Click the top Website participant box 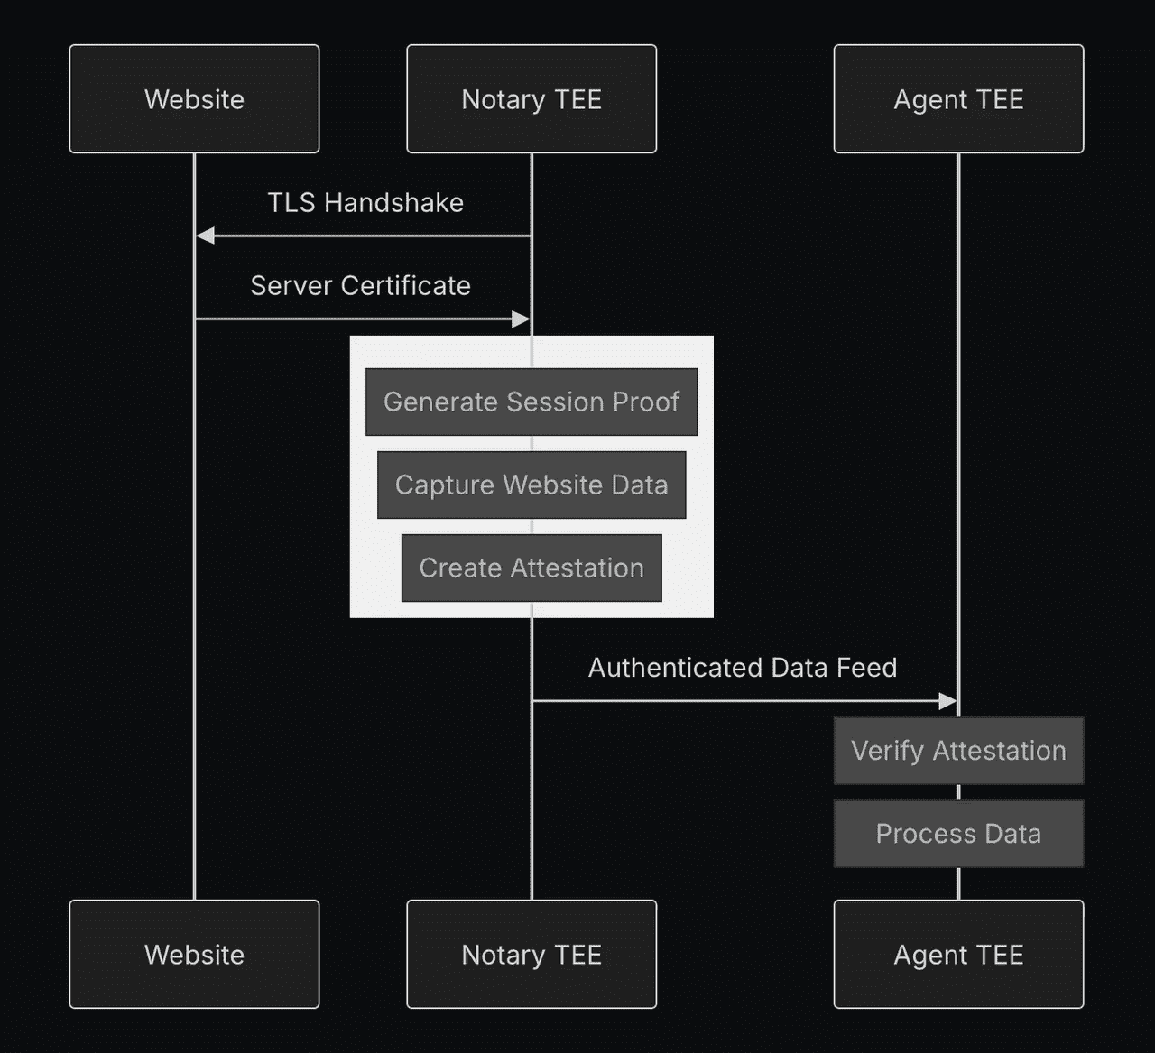[194, 99]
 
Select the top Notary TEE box [531, 99]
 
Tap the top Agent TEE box [958, 99]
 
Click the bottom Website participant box [194, 954]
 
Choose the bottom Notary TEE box [531, 954]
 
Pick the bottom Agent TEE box [958, 954]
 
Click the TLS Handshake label [365, 203]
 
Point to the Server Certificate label [360, 286]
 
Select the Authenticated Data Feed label [743, 668]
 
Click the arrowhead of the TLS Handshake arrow [205, 236]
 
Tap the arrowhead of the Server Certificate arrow [521, 319]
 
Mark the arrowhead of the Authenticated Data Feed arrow [947, 701]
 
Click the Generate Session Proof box [531, 402]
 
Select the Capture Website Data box [531, 485]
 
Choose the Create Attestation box [531, 568]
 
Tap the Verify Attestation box [958, 751]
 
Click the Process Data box [958, 834]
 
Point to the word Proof [645, 402]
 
